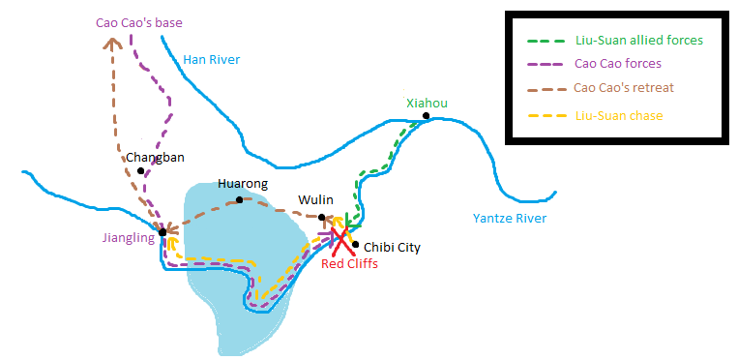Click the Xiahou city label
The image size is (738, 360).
click(x=428, y=104)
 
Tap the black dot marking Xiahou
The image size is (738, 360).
click(x=426, y=117)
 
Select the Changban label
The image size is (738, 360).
click(x=155, y=158)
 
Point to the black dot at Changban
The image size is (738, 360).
click(x=141, y=171)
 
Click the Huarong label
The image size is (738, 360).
click(x=243, y=184)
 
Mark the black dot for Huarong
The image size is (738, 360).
click(x=239, y=200)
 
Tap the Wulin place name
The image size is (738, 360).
click(x=315, y=200)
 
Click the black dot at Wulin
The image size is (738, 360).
click(x=322, y=217)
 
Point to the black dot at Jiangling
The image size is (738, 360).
click(x=162, y=232)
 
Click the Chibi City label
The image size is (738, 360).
click(x=393, y=248)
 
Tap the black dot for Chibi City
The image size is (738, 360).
click(x=356, y=245)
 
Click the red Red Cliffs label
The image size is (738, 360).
click(x=349, y=264)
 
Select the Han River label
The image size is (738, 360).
click(x=211, y=60)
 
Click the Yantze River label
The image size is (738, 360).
click(x=510, y=219)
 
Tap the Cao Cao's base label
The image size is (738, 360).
click(x=138, y=21)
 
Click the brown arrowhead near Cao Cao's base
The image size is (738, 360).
click(x=112, y=42)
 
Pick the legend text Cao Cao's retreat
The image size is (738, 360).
click(x=624, y=88)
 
